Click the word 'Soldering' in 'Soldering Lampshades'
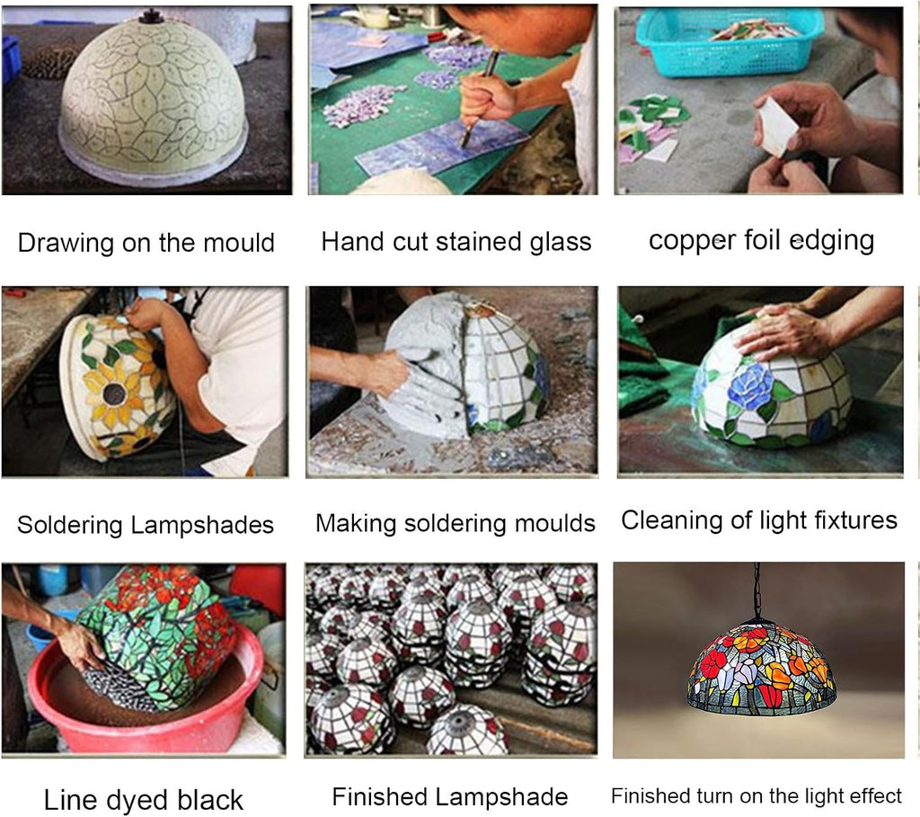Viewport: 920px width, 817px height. point(70,525)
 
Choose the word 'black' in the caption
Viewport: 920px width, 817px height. point(210,800)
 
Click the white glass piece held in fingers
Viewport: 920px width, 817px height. point(775,127)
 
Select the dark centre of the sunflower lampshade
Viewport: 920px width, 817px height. point(114,394)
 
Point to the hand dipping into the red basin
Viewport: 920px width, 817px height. point(82,645)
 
